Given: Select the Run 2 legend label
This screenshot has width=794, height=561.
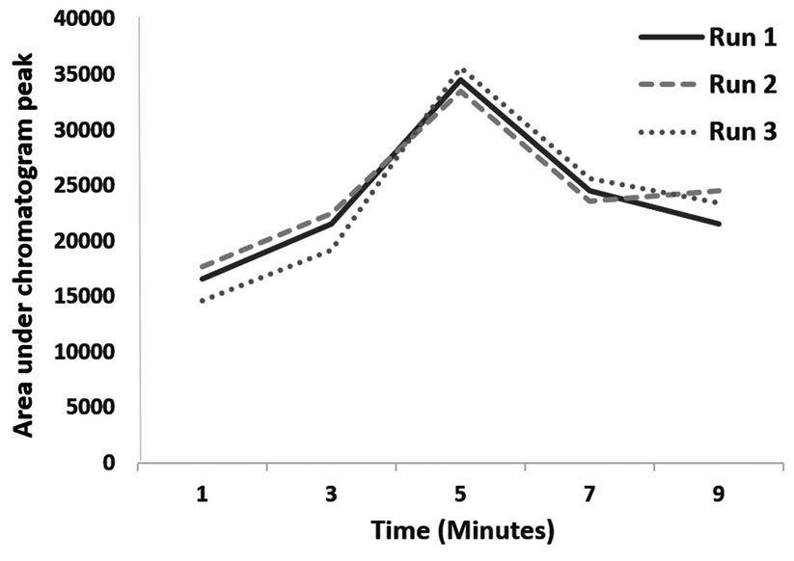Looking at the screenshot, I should (x=743, y=85).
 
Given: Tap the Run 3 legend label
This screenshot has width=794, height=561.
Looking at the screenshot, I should (x=743, y=132).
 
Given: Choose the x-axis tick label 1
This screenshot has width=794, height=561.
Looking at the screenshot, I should (x=203, y=494).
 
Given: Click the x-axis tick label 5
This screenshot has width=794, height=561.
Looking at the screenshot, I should (x=460, y=494).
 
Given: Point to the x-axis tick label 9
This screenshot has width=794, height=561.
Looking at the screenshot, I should (x=718, y=494).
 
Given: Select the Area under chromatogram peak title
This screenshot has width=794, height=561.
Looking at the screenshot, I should (x=24, y=241).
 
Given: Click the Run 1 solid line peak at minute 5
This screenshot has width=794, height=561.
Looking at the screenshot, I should (x=460, y=80).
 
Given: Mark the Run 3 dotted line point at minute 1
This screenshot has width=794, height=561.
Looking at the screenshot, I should (x=203, y=302).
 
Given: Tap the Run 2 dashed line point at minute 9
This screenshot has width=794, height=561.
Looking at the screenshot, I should (x=718, y=191).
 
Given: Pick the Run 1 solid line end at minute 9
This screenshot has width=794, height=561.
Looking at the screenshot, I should (x=718, y=224).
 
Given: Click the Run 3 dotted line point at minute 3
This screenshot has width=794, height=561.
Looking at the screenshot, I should (x=331, y=250).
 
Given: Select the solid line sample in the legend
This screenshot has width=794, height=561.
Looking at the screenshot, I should (x=670, y=38).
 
